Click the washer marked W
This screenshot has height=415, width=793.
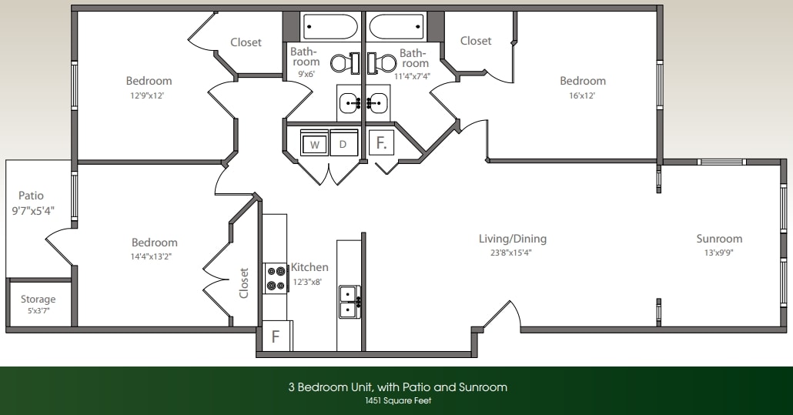tap(314, 144)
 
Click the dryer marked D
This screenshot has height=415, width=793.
tap(343, 144)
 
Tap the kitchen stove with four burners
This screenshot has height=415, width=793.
tap(275, 278)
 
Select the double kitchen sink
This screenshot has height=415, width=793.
tap(350, 301)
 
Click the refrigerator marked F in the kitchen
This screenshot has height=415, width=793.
tap(276, 336)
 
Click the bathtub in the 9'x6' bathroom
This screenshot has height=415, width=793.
tap(330, 27)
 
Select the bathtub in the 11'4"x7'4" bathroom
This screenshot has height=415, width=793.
tap(396, 27)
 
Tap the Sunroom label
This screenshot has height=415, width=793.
tap(719, 239)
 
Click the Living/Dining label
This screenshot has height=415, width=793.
tap(513, 239)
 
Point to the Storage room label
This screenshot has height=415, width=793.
tap(38, 300)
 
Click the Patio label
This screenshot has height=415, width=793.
tap(32, 196)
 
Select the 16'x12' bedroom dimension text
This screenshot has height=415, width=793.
tap(582, 96)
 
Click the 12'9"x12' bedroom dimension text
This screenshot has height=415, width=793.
tap(149, 96)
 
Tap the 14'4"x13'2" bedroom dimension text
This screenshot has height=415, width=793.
tap(154, 256)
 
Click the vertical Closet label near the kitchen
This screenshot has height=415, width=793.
tap(244, 283)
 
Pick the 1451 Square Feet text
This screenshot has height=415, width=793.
tap(397, 400)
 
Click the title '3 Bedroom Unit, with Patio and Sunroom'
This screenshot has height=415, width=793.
tap(397, 387)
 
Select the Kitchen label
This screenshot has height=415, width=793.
tap(310, 267)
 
